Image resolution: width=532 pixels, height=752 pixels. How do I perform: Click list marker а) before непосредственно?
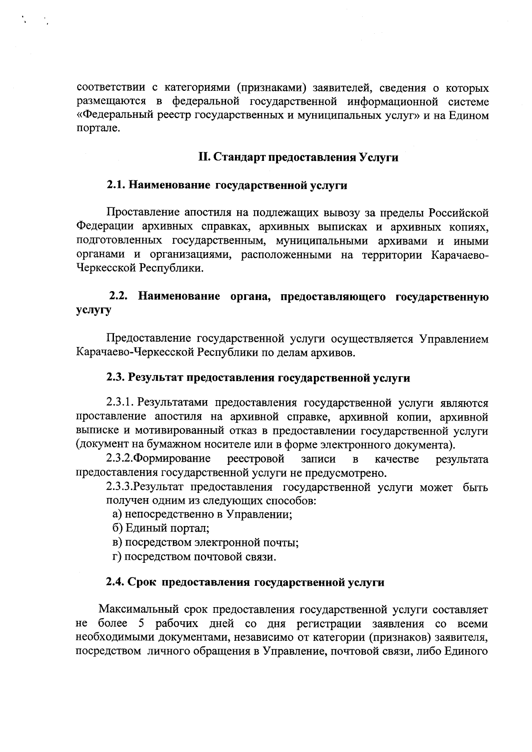tap(117, 514)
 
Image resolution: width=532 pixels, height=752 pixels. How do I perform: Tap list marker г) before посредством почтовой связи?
tap(117, 557)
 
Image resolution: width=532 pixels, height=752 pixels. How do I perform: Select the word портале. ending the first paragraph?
tap(98, 130)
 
